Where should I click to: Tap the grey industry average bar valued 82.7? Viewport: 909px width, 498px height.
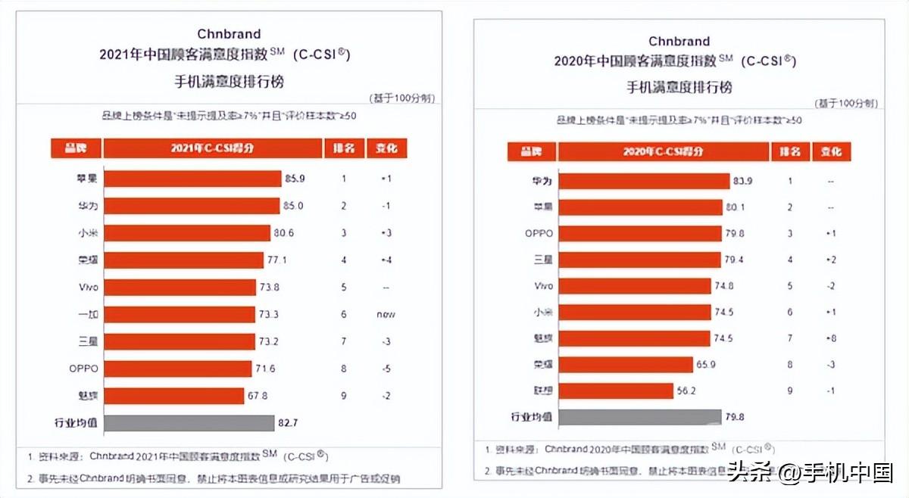pyautogui.click(x=189, y=423)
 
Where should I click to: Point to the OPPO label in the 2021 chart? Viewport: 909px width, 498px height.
pyautogui.click(x=83, y=369)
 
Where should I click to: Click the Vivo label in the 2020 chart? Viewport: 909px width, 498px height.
pyautogui.click(x=543, y=286)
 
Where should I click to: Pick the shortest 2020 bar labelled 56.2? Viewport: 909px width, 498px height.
pyautogui.click(x=615, y=391)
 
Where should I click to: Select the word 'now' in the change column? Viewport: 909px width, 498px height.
pyautogui.click(x=386, y=314)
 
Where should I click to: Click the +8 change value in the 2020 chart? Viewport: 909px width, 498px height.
pyautogui.click(x=831, y=338)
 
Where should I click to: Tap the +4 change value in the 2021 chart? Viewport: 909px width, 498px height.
pyautogui.click(x=386, y=260)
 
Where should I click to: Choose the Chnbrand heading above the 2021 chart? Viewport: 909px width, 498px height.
pyautogui.click(x=228, y=34)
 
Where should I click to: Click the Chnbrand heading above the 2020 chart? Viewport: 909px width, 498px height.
pyautogui.click(x=679, y=41)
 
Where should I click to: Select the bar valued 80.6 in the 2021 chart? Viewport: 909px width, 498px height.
pyautogui.click(x=186, y=232)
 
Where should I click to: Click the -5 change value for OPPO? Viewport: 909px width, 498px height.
pyautogui.click(x=386, y=369)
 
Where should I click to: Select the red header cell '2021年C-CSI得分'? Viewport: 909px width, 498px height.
pyautogui.click(x=212, y=148)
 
